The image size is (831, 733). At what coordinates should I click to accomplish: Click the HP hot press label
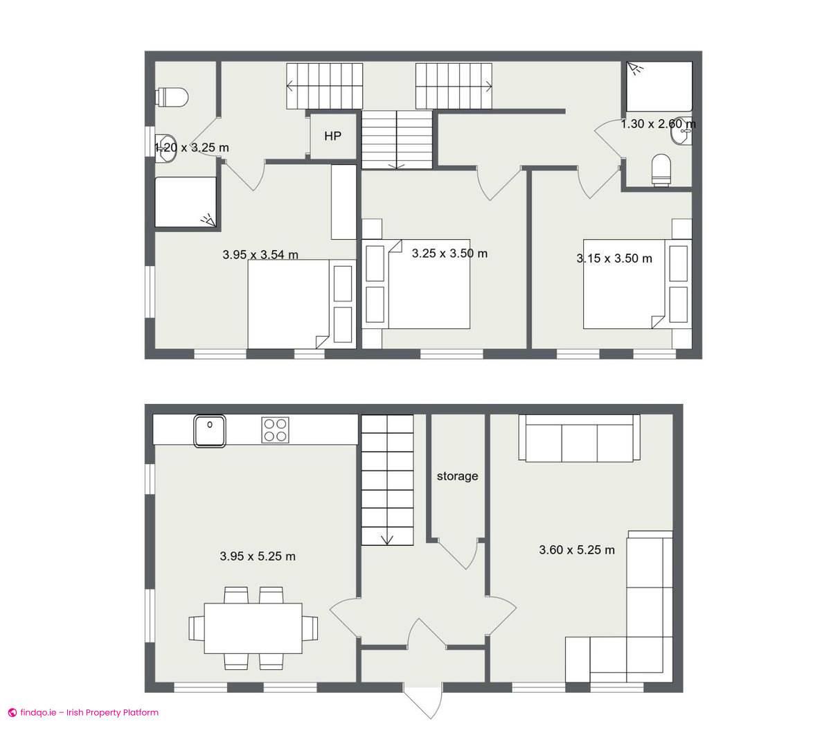click(332, 136)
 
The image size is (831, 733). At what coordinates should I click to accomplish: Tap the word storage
click(457, 476)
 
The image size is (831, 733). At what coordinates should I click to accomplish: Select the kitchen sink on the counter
click(209, 430)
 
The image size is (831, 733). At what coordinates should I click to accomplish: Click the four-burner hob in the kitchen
click(276, 430)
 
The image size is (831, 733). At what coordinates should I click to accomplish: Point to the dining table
click(253, 628)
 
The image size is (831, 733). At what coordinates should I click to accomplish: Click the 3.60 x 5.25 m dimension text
click(577, 550)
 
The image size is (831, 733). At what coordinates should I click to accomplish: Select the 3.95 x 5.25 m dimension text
click(258, 556)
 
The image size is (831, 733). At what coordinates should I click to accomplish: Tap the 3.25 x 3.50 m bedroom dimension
click(449, 254)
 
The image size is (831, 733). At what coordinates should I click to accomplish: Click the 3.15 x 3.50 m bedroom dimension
click(614, 258)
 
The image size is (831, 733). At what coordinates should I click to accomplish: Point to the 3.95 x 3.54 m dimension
click(260, 255)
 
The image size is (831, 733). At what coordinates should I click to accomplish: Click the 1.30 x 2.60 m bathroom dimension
click(658, 124)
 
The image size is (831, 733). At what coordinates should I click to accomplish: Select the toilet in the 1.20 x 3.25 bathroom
click(173, 98)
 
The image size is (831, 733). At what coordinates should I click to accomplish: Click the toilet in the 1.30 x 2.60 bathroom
click(662, 170)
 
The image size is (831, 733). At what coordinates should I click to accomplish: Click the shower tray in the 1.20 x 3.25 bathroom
click(185, 202)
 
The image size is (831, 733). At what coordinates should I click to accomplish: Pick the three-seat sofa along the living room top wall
click(579, 438)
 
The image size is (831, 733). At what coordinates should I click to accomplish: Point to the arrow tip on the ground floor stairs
click(386, 542)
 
